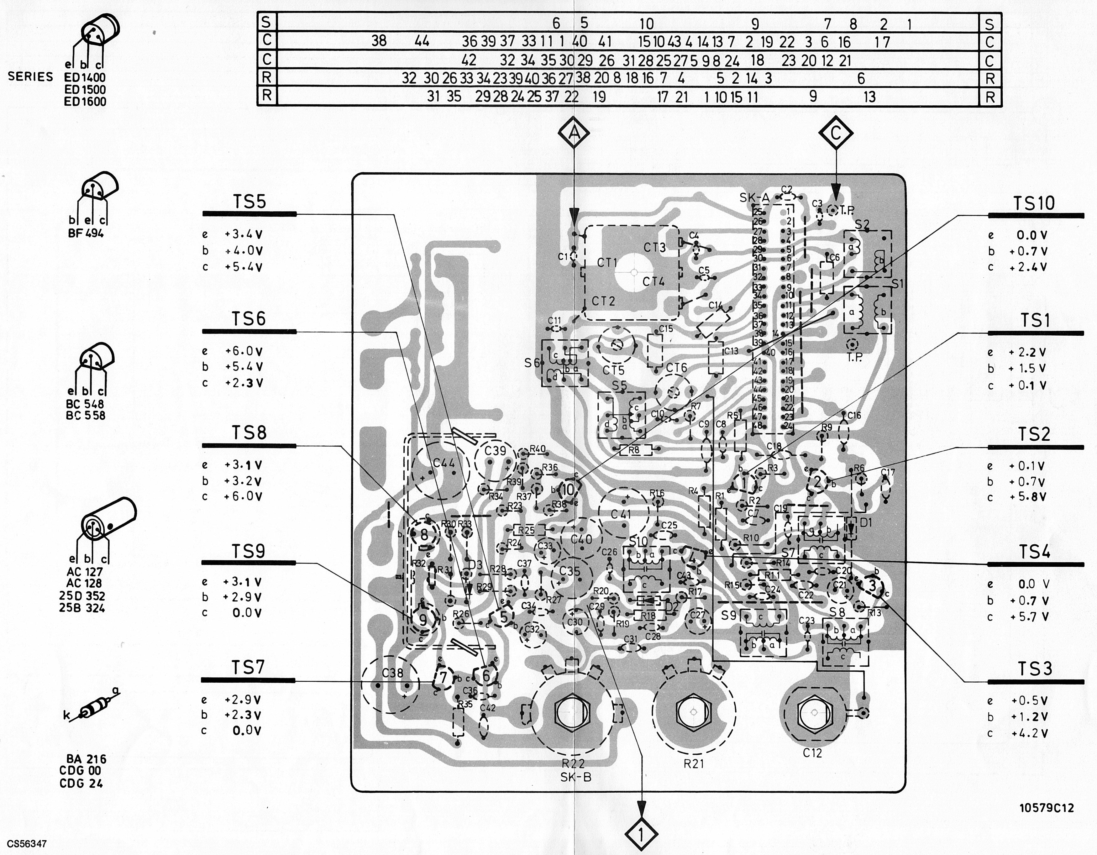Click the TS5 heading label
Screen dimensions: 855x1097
249,202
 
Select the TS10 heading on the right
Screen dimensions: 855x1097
1033,203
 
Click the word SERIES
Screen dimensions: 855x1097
30,77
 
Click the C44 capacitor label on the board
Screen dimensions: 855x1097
444,463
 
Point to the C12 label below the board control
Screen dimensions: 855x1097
812,753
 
